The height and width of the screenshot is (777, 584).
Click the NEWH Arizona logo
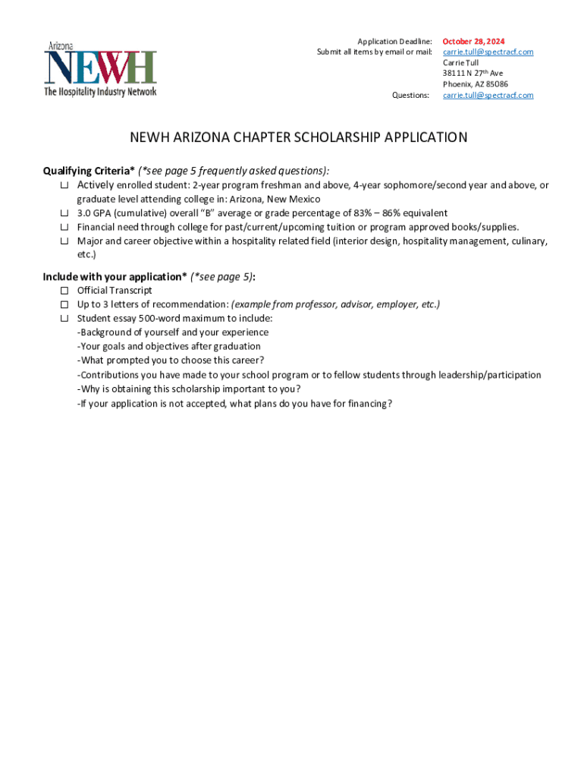100,68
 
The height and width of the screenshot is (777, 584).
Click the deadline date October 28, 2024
474,41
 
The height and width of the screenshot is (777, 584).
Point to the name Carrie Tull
461,63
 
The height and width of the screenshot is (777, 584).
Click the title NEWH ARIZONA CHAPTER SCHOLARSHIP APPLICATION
299,138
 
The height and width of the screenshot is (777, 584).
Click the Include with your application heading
115,276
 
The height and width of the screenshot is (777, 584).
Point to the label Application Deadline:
394,41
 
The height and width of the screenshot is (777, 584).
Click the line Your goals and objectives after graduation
168,347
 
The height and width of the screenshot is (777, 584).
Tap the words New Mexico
294,199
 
